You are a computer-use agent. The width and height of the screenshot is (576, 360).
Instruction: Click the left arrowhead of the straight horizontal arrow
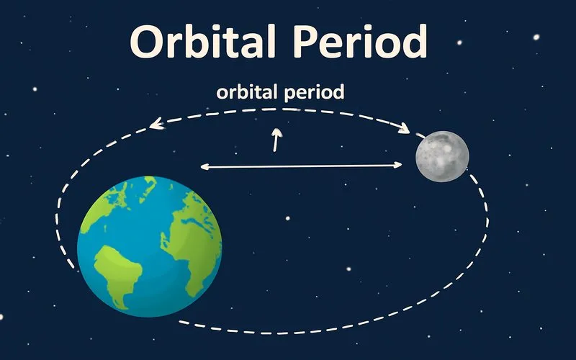[x=204, y=167]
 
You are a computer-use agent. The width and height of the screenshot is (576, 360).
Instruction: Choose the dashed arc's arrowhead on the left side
[x=155, y=125]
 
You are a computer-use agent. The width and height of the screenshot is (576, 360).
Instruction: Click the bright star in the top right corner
[x=536, y=36]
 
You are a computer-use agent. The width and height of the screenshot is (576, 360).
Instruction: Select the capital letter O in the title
[x=148, y=42]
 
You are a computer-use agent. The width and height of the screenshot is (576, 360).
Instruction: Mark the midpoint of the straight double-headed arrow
[x=301, y=166]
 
